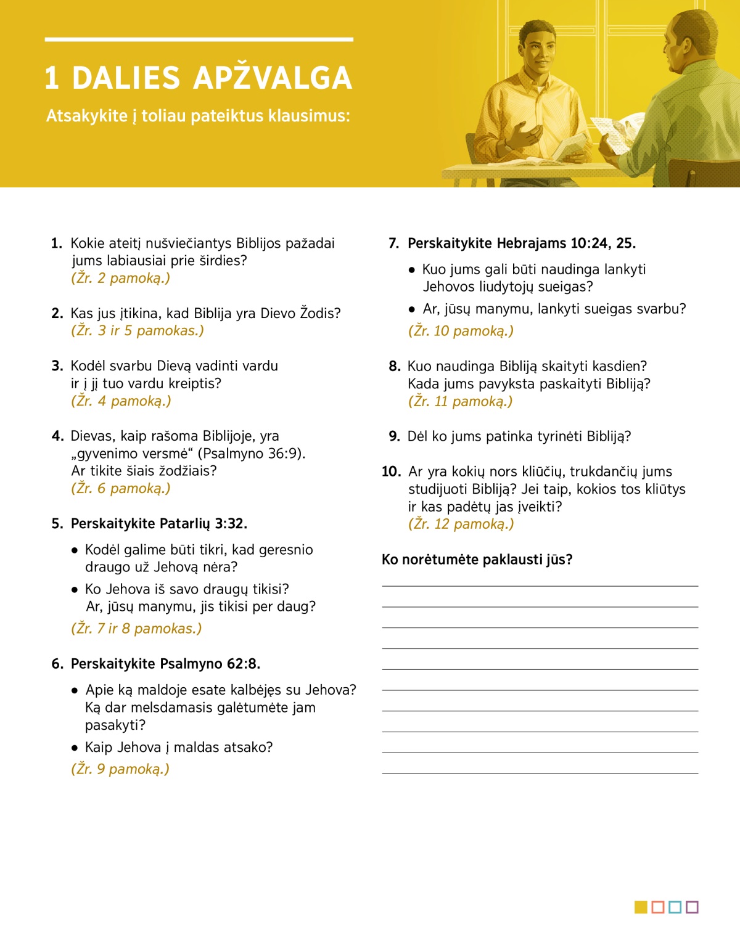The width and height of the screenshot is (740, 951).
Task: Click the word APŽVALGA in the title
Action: pos(273,78)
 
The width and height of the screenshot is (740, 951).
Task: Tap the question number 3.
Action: pos(57,366)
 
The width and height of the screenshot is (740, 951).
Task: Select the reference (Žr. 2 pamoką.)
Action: pos(121,278)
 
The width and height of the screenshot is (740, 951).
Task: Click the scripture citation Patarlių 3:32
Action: pos(203,524)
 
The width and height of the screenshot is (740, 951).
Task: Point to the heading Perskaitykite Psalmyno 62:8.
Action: pos(165,664)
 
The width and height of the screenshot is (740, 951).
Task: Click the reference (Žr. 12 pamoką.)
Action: pos(461,524)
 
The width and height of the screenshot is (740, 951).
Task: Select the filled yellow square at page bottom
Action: pos(641,907)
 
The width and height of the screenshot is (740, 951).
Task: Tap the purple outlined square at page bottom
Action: pos(692,907)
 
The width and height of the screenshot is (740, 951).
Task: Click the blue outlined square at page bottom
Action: pos(675,907)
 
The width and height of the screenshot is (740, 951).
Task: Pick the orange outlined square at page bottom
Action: pos(658,907)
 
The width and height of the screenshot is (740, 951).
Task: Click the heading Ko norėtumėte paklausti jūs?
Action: pos(477,560)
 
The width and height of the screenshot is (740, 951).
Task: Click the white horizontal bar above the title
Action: pos(199,39)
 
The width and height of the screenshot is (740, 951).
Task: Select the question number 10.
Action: pos(391,472)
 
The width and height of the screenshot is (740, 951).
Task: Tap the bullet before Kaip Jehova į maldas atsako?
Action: pos(75,748)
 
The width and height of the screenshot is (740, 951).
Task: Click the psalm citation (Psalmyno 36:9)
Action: pos(251,454)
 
